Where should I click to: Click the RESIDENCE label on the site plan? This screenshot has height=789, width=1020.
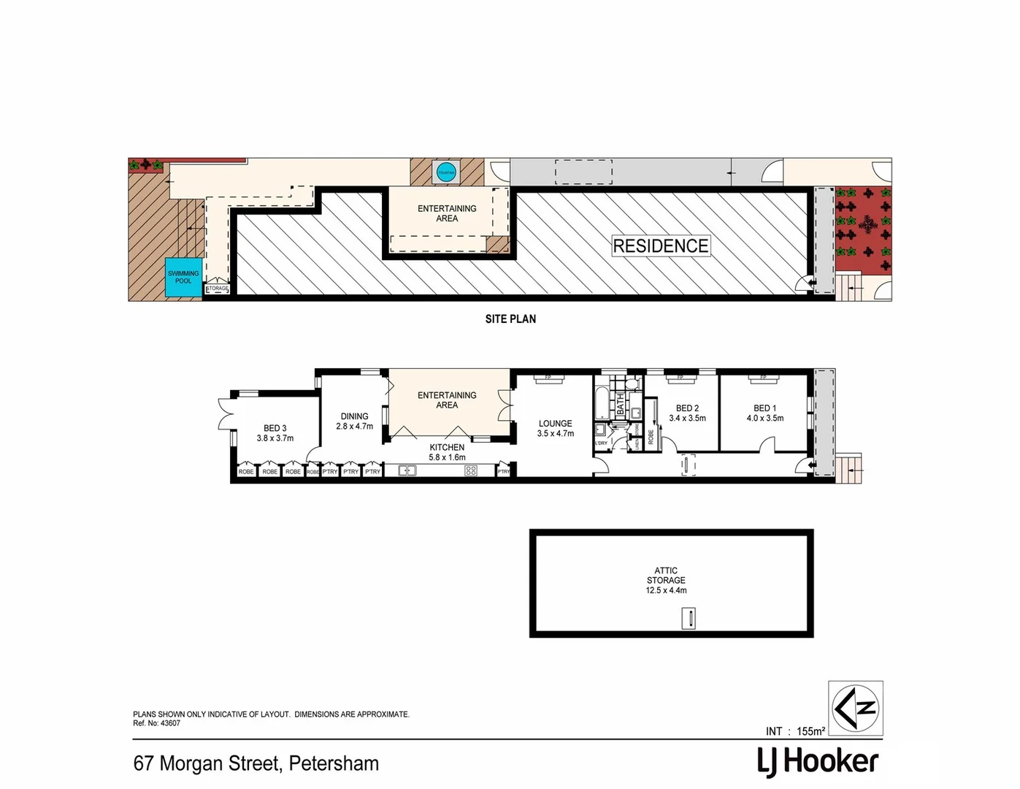point(660,246)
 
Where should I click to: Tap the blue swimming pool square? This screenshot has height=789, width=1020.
point(183,278)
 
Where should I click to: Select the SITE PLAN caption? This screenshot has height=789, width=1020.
point(510,319)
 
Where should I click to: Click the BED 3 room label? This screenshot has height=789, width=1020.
point(275,433)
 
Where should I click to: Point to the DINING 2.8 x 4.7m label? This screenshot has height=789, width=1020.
point(354,422)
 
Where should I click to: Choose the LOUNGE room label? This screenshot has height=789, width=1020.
point(555,428)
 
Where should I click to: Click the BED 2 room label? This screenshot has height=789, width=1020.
point(687,413)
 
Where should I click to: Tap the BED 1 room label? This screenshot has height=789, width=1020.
point(764,413)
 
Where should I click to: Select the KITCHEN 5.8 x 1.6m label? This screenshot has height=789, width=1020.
point(447,452)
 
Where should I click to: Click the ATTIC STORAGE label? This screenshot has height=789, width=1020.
point(666,580)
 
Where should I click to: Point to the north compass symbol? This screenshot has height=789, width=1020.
point(855,708)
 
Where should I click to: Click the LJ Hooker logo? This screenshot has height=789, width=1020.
point(818,762)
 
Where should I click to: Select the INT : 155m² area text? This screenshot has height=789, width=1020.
point(795,731)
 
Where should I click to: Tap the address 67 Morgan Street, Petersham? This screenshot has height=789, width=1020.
point(256,763)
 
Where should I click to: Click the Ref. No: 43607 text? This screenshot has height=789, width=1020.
point(156,723)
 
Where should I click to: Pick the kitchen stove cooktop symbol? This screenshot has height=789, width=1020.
point(471,471)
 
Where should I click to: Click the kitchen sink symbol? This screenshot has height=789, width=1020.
point(407,471)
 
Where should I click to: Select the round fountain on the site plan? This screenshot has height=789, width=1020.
point(445,172)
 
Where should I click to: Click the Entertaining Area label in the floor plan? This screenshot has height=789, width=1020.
point(447,400)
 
